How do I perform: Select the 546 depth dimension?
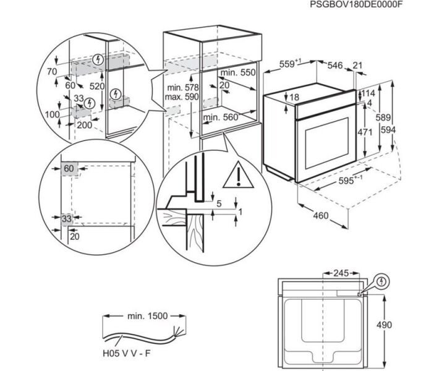click(335, 64)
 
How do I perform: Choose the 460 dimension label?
click(320, 217)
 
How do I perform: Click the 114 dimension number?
click(369, 93)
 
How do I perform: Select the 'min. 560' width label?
click(221, 117)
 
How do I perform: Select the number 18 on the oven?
click(294, 97)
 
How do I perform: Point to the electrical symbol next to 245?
click(383, 281)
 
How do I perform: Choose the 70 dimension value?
click(51, 72)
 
